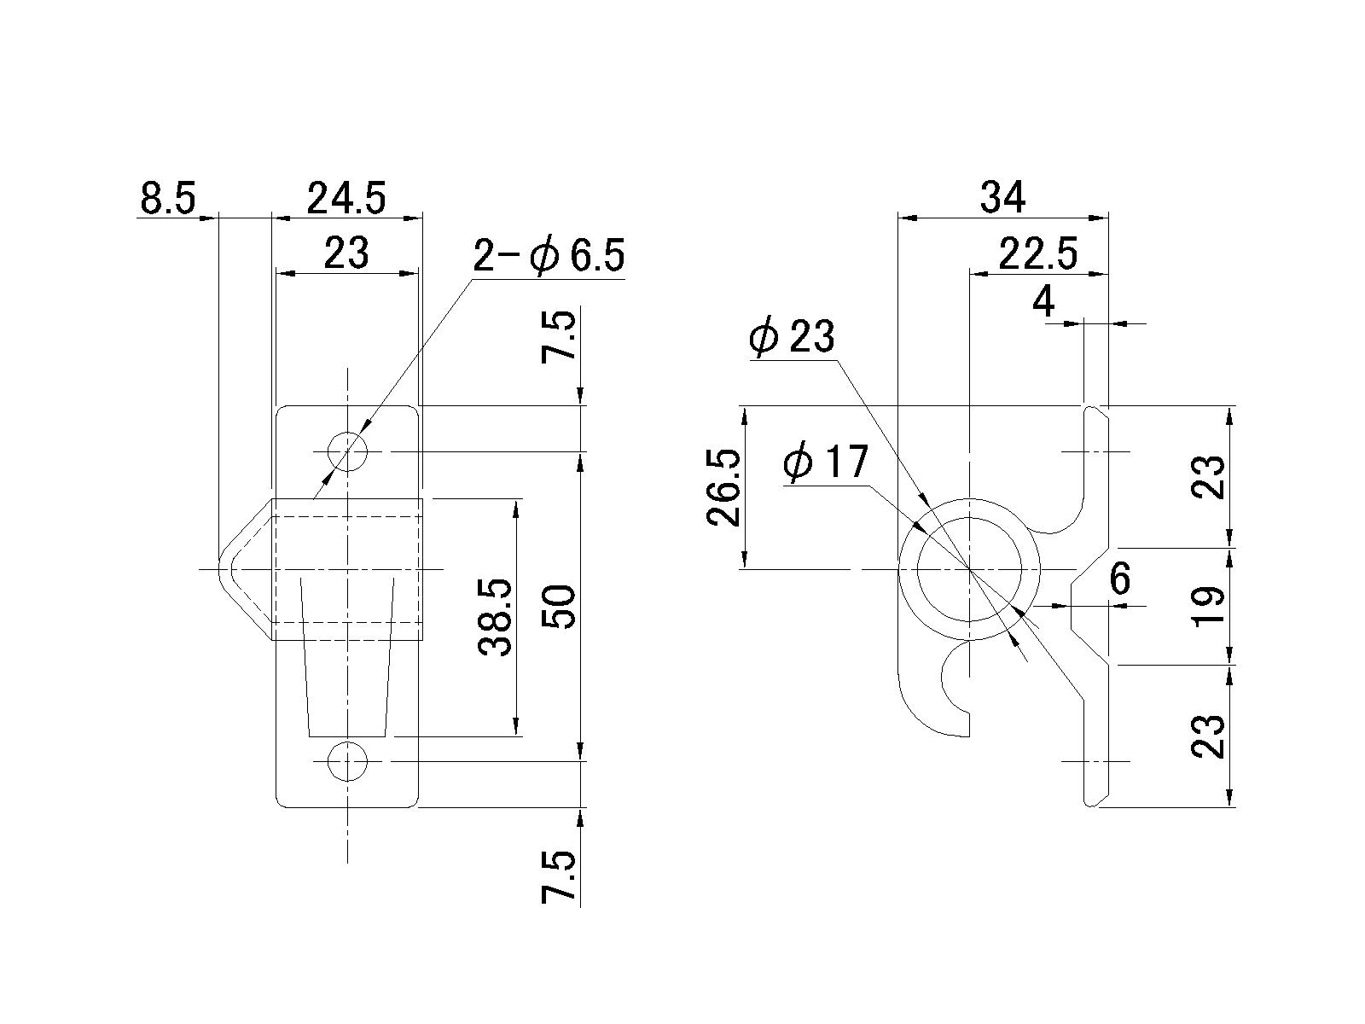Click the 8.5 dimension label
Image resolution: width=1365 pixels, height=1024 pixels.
point(167,198)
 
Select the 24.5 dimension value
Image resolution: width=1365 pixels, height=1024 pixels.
point(346,198)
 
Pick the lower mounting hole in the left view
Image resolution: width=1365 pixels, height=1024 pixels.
point(347,760)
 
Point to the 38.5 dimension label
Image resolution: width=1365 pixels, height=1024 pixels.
point(496,617)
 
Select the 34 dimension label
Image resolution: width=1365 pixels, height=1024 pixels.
point(1002,198)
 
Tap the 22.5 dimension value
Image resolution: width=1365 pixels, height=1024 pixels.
point(1038,253)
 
